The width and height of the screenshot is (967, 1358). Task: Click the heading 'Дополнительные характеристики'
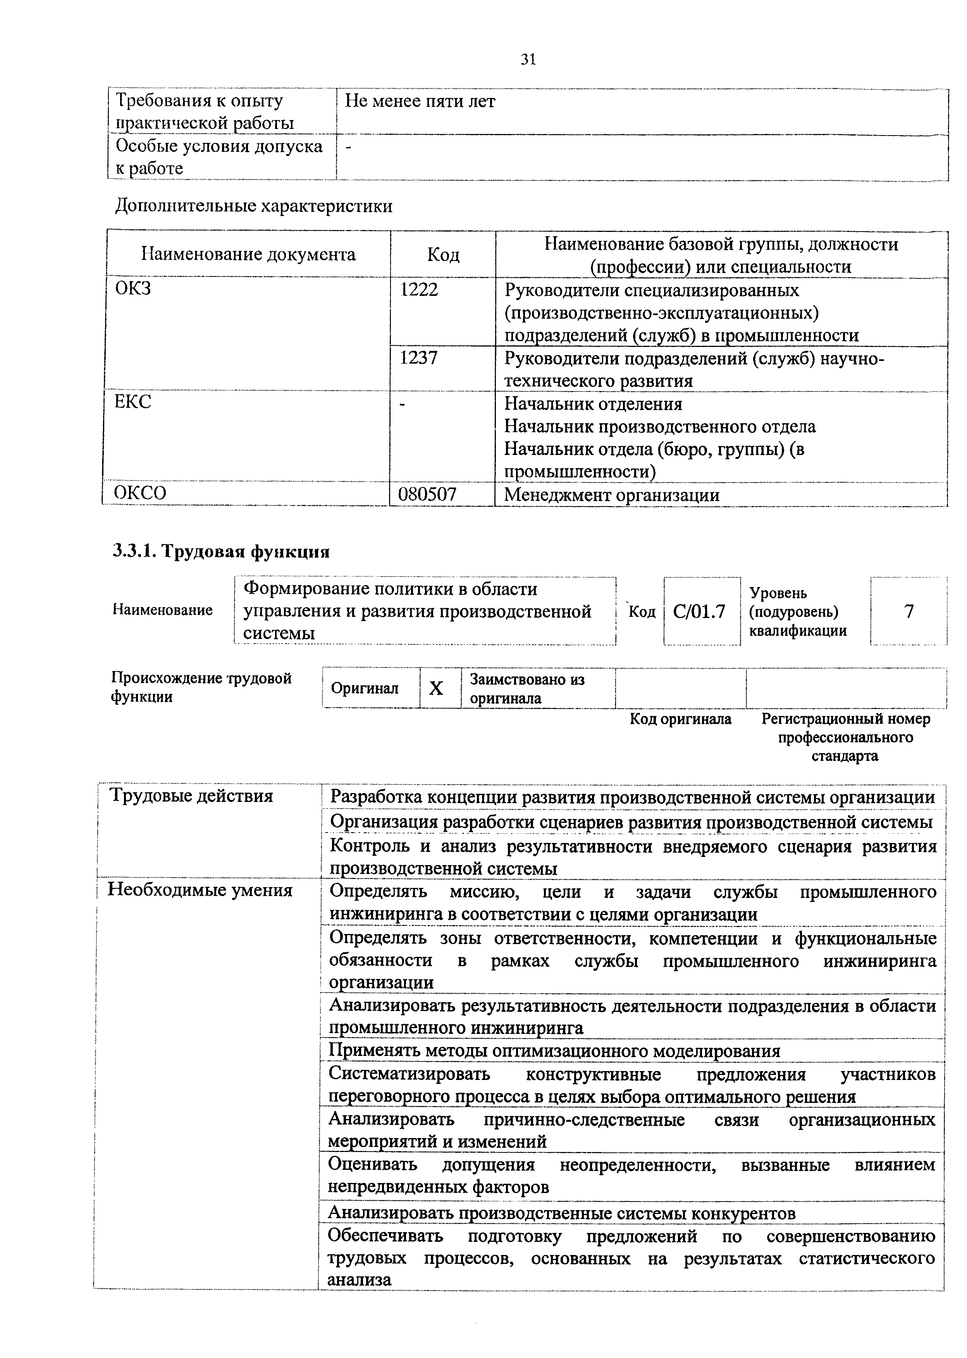pyautogui.click(x=254, y=206)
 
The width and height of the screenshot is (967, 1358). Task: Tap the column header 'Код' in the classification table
pyautogui.click(x=443, y=255)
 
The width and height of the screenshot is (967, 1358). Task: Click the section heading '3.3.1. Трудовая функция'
pyautogui.click(x=221, y=552)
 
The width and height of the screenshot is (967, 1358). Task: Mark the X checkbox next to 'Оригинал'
pyautogui.click(x=437, y=688)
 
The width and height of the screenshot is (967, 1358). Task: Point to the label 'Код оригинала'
pyautogui.click(x=681, y=719)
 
